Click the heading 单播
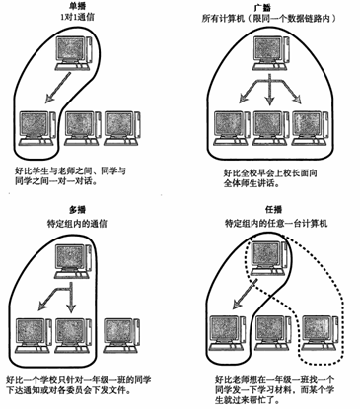pyautogui.click(x=77, y=7)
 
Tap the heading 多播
pyautogui.click(x=77, y=210)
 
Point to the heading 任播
pyautogui.click(x=273, y=209)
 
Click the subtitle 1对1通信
pyautogui.click(x=77, y=17)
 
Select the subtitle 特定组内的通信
pyautogui.click(x=77, y=224)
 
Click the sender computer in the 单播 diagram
pyautogui.click(x=73, y=53)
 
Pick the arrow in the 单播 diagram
pyautogui.click(x=58, y=88)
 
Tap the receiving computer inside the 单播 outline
pyautogui.click(x=36, y=128)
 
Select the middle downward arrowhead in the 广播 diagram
pyautogui.click(x=270, y=100)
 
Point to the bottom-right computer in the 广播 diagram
pyautogui.click(x=311, y=128)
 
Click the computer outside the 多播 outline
pyautogui.click(x=122, y=335)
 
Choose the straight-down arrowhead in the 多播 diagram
pyautogui.click(x=71, y=307)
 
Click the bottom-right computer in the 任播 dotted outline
pyautogui.click(x=321, y=333)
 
